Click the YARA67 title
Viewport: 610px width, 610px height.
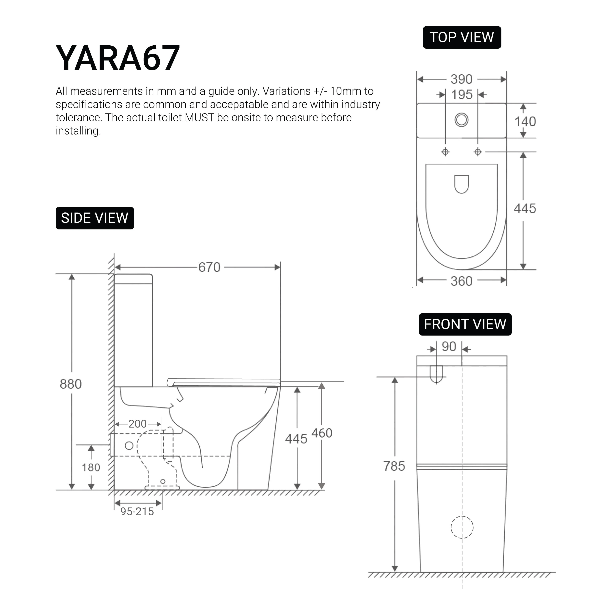118,58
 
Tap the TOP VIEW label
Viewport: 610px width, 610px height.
462,37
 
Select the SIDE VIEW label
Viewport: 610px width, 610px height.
95,218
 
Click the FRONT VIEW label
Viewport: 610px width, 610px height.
465,324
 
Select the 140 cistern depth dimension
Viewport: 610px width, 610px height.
525,122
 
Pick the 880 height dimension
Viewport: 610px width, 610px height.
71,384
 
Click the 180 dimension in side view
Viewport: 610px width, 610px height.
91,467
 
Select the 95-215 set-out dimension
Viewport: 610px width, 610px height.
137,512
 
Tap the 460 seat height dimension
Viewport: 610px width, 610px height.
322,433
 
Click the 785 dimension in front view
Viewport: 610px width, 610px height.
394,466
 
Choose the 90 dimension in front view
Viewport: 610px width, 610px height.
449,347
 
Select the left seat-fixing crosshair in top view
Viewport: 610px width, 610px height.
445,152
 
